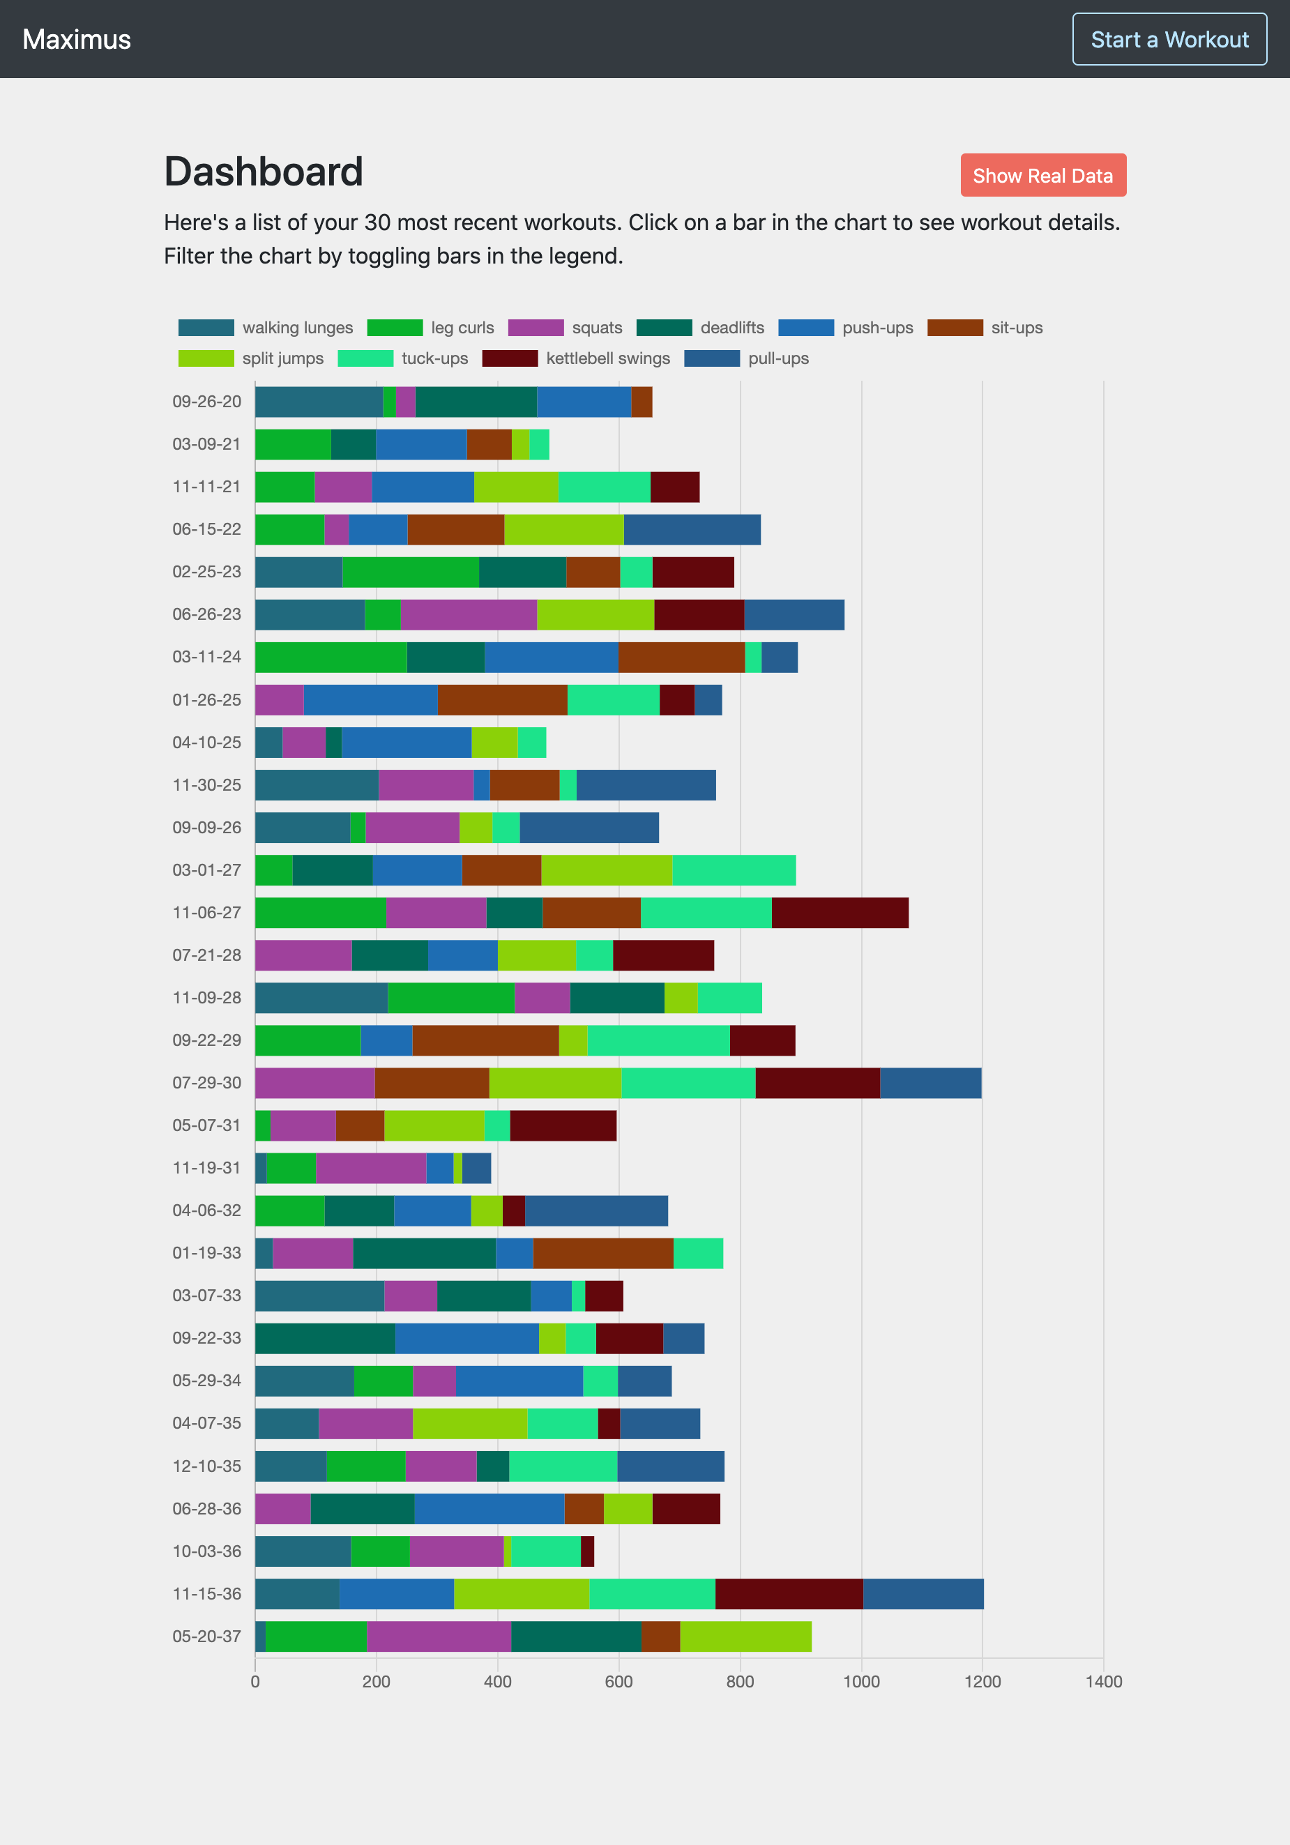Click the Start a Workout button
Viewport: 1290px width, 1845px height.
[x=1169, y=39]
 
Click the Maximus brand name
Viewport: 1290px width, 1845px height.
[x=77, y=39]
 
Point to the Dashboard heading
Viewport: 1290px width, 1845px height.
[x=264, y=172]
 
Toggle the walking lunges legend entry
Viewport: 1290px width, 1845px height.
[x=265, y=328]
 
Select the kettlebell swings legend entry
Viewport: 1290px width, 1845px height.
[x=575, y=358]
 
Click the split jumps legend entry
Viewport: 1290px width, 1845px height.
[x=251, y=358]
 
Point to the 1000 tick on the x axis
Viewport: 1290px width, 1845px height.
[x=860, y=1681]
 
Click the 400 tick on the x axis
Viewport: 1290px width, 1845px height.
[x=497, y=1681]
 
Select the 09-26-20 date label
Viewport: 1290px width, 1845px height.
[x=206, y=402]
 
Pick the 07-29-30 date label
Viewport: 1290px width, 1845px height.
[x=206, y=1082]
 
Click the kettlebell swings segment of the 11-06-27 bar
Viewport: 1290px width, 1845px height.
[x=840, y=913]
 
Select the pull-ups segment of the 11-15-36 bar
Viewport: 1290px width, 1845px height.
[x=923, y=1593]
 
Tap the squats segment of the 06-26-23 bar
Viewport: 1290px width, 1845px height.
[x=469, y=615]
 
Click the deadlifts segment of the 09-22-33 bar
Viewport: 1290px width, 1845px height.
[x=325, y=1338]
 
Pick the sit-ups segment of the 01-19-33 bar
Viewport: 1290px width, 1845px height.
[x=602, y=1253]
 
